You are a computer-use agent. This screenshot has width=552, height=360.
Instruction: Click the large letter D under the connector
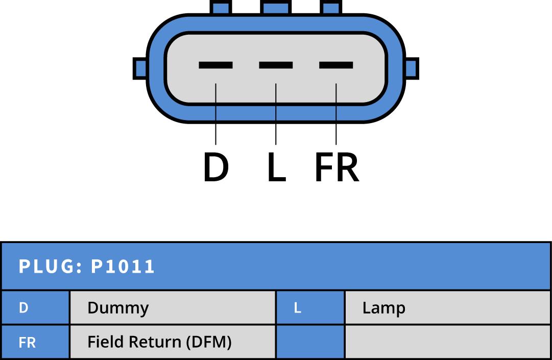point(215,167)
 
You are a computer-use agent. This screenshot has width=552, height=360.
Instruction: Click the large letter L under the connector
point(276,167)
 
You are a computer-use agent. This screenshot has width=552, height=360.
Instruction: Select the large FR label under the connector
point(337,167)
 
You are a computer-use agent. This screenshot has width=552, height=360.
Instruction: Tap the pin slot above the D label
point(215,65)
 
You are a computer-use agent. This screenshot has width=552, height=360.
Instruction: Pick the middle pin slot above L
point(276,65)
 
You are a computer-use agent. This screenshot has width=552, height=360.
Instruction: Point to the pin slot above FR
point(336,65)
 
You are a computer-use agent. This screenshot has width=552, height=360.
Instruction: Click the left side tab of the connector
point(140,68)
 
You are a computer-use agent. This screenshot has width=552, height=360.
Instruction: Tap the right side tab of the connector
point(412,68)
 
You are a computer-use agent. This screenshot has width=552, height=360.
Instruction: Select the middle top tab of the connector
point(276,7)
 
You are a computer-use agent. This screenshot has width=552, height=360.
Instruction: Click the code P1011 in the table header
point(123,267)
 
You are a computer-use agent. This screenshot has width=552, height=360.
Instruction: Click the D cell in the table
point(35,308)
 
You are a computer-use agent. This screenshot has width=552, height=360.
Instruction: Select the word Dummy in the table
point(118,308)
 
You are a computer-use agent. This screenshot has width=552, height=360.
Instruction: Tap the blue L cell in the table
point(310,308)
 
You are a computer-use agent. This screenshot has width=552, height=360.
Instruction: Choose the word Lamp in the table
point(383,308)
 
